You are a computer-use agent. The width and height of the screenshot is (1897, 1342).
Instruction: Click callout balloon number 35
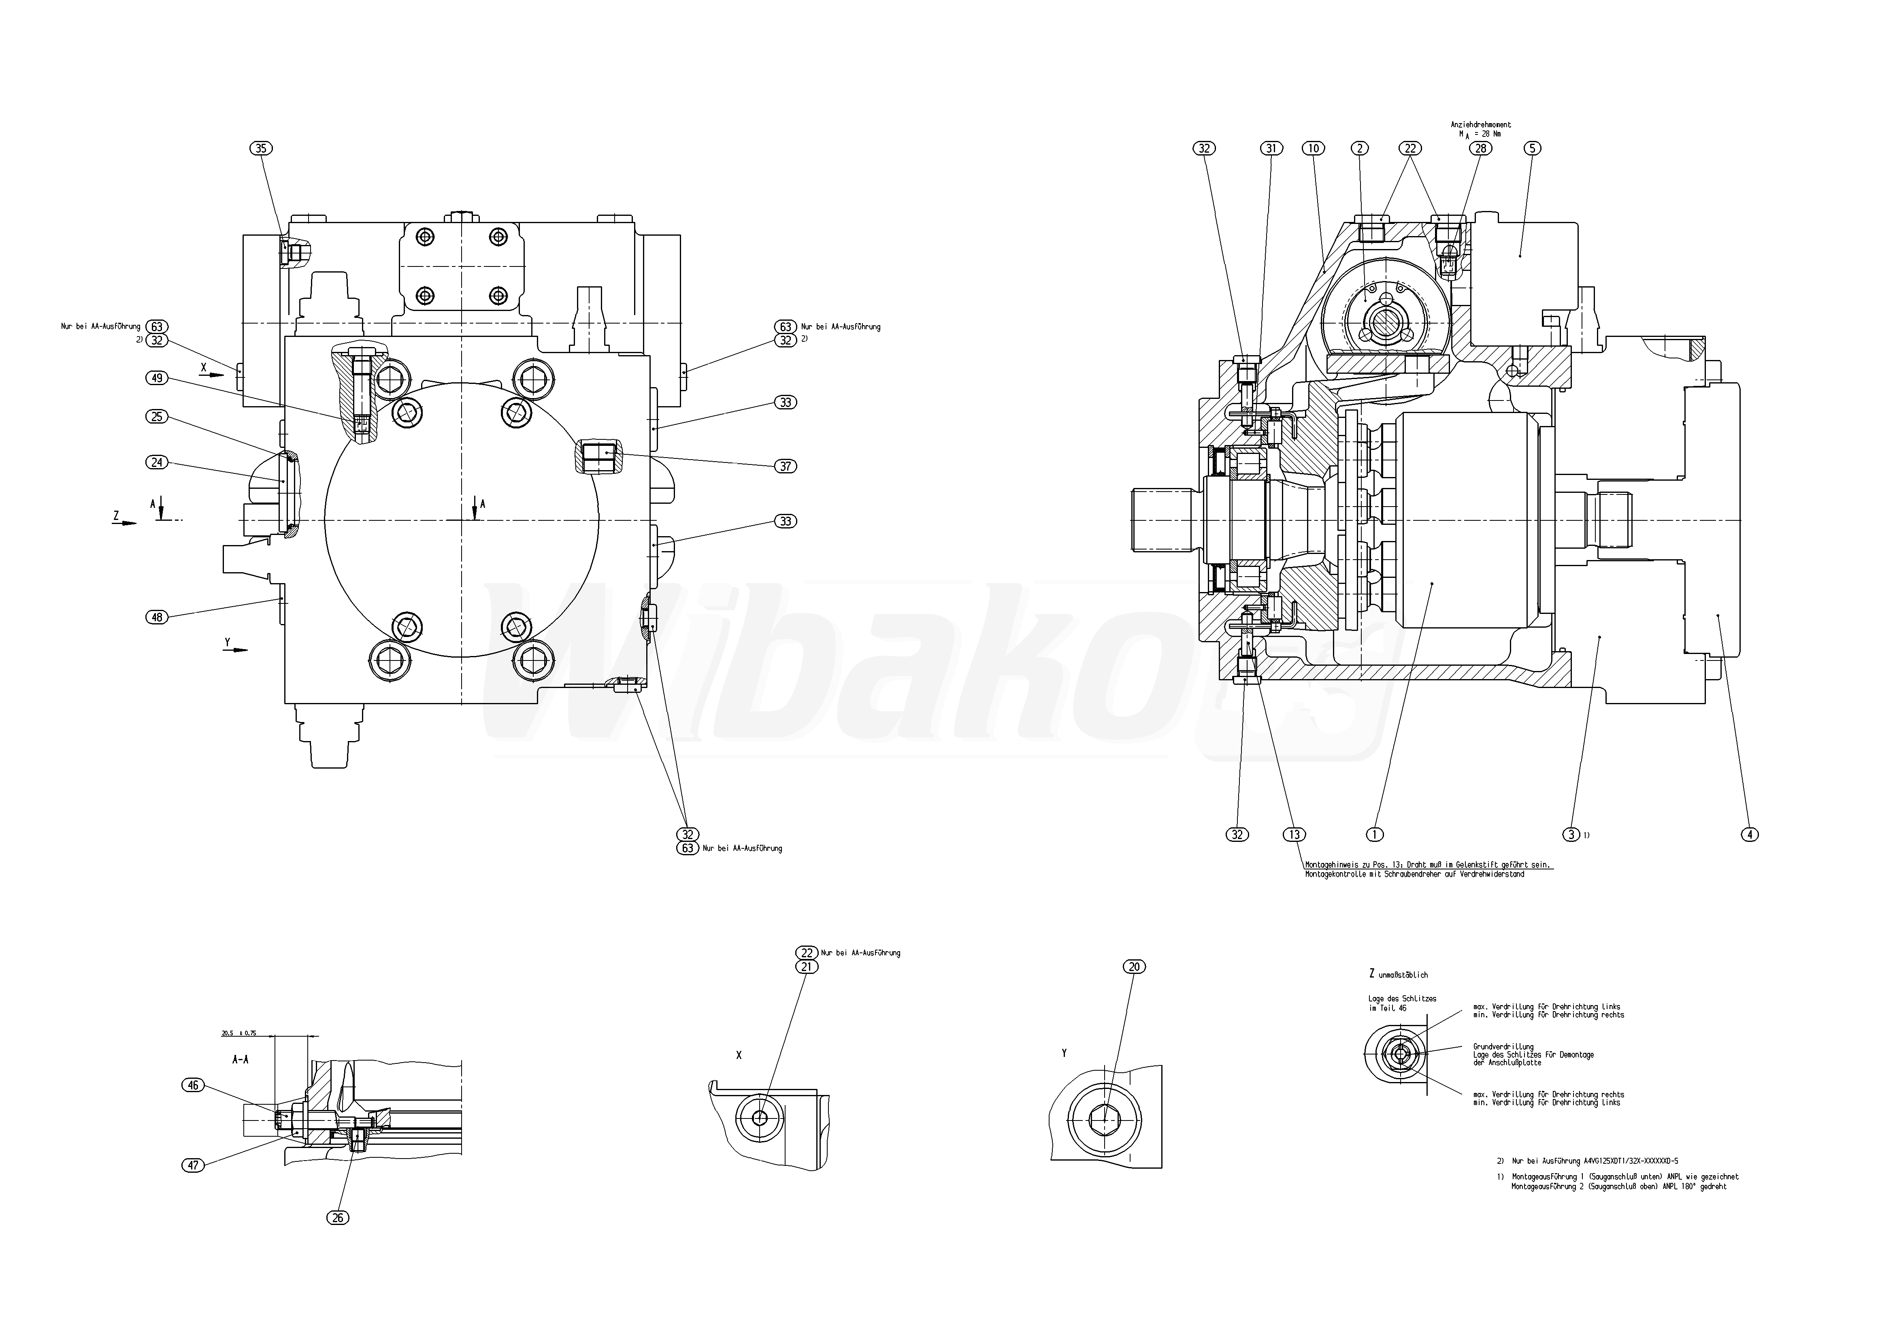[x=261, y=149]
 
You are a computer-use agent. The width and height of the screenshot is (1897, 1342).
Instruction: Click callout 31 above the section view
[x=1271, y=149]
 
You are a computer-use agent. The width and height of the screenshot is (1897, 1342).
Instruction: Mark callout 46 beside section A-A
[x=193, y=1085]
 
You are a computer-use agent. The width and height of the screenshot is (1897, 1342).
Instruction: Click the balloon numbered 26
[x=337, y=1217]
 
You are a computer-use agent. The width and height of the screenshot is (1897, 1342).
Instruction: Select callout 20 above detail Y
[x=1135, y=967]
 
